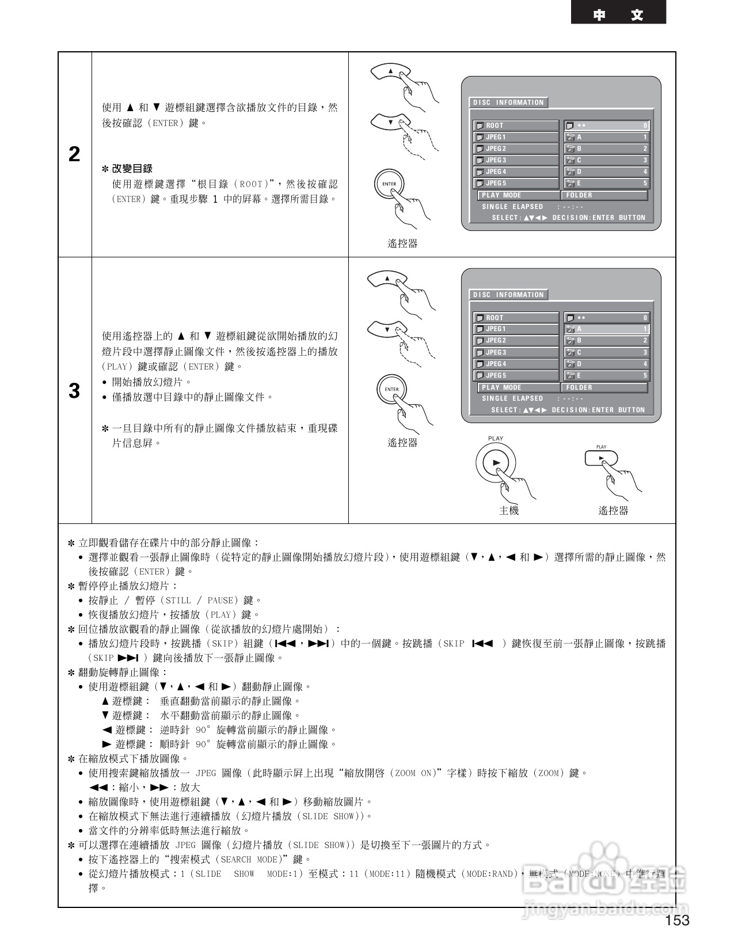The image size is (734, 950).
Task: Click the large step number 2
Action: click(74, 154)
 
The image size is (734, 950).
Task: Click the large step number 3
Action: click(74, 391)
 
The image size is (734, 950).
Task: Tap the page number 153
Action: click(677, 920)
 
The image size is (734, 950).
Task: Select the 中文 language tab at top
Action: click(618, 14)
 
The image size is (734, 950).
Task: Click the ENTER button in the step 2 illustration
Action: click(389, 184)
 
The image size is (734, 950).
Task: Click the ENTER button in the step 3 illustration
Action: click(391, 389)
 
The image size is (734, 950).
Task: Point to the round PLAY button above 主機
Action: click(496, 462)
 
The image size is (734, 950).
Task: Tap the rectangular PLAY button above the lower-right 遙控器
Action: click(601, 458)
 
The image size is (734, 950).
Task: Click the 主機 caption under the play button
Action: click(509, 510)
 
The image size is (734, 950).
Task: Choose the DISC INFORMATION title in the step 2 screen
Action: click(508, 102)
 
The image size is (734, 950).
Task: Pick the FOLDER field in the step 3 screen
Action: click(604, 387)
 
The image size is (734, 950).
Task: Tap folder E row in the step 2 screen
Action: click(607, 183)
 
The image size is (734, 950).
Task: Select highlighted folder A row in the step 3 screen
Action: click(607, 329)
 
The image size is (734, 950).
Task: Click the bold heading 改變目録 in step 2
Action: click(132, 169)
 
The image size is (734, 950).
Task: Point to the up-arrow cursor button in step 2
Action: click(390, 72)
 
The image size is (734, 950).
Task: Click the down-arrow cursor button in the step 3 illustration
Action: click(387, 330)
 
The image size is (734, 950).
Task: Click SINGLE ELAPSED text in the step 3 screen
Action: click(512, 398)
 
